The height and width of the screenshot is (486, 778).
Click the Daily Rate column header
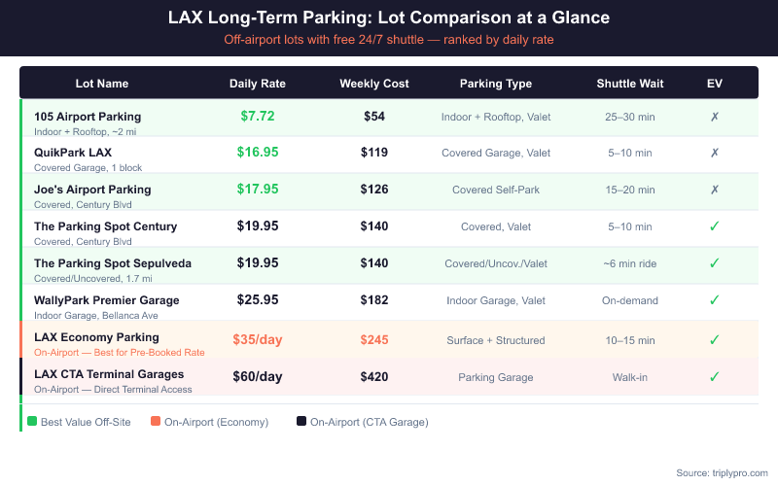(258, 84)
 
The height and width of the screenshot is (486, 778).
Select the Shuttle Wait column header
(630, 84)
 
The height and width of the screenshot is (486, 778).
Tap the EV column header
(714, 84)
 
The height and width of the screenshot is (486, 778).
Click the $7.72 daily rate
(258, 116)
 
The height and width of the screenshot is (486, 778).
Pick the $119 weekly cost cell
(374, 153)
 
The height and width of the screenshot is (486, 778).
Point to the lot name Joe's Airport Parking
(92, 190)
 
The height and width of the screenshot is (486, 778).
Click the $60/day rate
(258, 375)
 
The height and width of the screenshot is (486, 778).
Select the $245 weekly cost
(374, 338)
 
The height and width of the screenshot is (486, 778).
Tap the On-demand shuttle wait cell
(630, 301)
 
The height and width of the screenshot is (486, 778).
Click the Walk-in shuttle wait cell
(630, 376)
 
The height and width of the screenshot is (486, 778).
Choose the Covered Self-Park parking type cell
(496, 190)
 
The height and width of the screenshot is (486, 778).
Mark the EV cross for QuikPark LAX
(714, 153)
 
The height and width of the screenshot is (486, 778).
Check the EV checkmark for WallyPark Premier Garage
(714, 300)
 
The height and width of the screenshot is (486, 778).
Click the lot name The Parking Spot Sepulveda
(113, 263)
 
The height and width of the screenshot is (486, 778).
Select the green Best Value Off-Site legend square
(32, 421)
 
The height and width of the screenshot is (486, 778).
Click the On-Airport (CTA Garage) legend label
(369, 422)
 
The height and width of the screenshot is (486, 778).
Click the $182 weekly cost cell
(374, 301)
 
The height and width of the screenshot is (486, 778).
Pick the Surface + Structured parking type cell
(496, 339)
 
